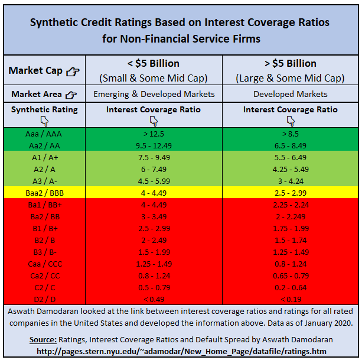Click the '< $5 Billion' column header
[x=153, y=64]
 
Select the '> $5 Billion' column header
[x=289, y=64]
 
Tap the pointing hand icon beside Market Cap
[x=72, y=72]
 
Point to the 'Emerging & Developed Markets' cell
[x=154, y=94]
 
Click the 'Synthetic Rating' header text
[x=44, y=109]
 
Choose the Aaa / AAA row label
[x=44, y=134]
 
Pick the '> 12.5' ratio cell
[x=154, y=134]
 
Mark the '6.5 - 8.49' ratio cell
[x=290, y=145]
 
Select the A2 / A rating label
[x=44, y=169]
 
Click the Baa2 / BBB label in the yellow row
[x=44, y=192]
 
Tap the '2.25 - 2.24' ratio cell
[x=290, y=204]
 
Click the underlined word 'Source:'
[x=43, y=340]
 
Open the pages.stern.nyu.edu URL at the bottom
[x=181, y=351]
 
